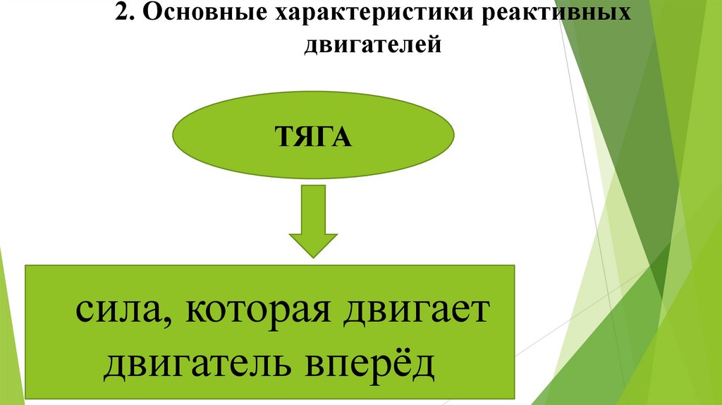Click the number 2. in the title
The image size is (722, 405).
coord(123,15)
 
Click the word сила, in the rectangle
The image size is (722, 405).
coord(118,311)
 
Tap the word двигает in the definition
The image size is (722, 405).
coord(415,311)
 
